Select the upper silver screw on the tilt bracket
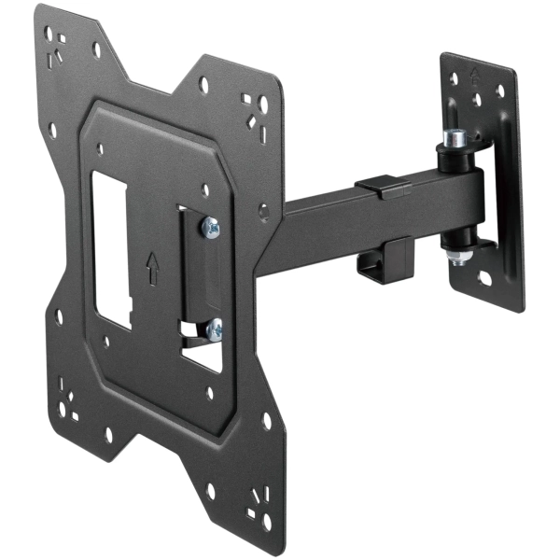click(x=212, y=227)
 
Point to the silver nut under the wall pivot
click(x=458, y=249)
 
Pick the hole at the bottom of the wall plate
click(x=486, y=277)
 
